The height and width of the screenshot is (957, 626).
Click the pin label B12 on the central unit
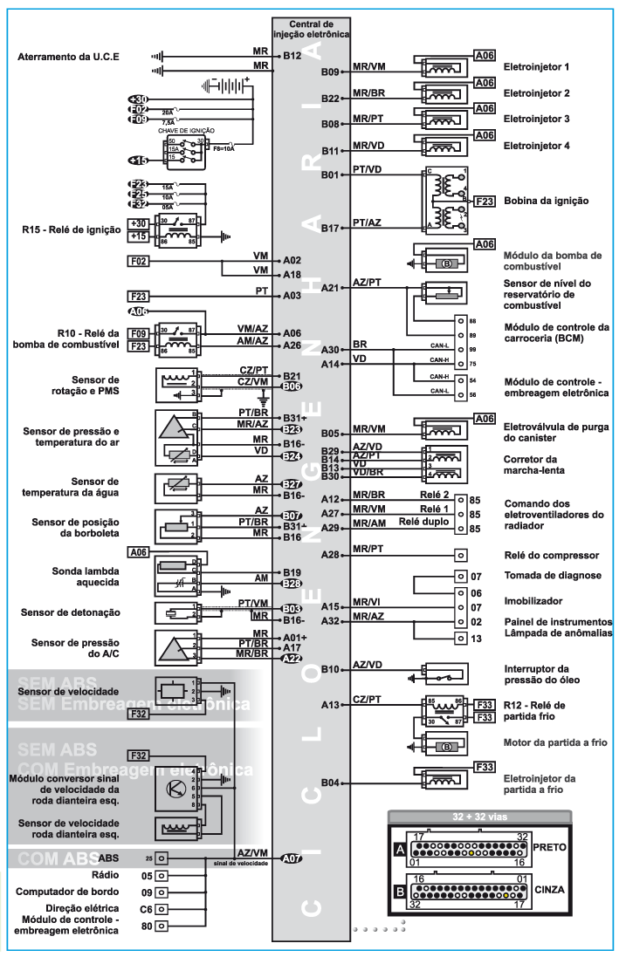pyautogui.click(x=292, y=57)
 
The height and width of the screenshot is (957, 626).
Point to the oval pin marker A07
pyautogui.click(x=292, y=858)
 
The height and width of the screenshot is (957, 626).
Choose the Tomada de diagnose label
pyautogui.click(x=554, y=576)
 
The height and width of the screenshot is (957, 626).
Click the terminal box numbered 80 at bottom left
pyautogui.click(x=154, y=926)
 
